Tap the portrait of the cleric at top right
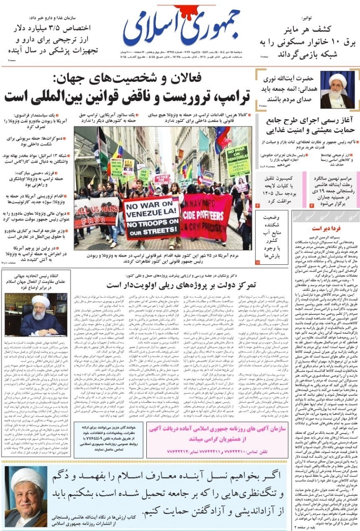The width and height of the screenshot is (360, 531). tap(337, 90)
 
